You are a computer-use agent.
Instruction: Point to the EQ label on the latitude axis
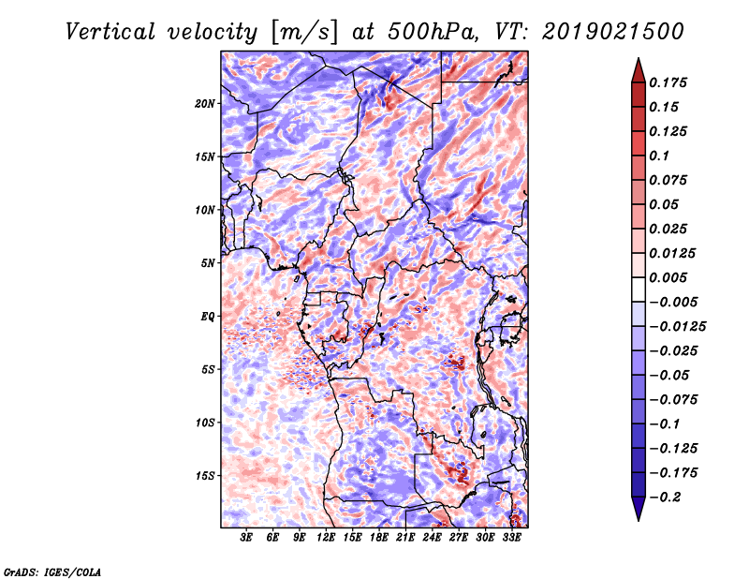(x=209, y=317)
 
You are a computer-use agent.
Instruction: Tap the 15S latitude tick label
(x=206, y=476)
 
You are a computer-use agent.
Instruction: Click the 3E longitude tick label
(x=247, y=538)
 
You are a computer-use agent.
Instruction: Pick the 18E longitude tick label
(x=378, y=538)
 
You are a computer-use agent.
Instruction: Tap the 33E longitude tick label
(x=510, y=538)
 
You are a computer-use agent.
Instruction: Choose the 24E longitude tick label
(x=432, y=538)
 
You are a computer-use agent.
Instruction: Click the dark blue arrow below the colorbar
(x=638, y=511)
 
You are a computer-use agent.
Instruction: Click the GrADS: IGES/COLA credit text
(x=51, y=571)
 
